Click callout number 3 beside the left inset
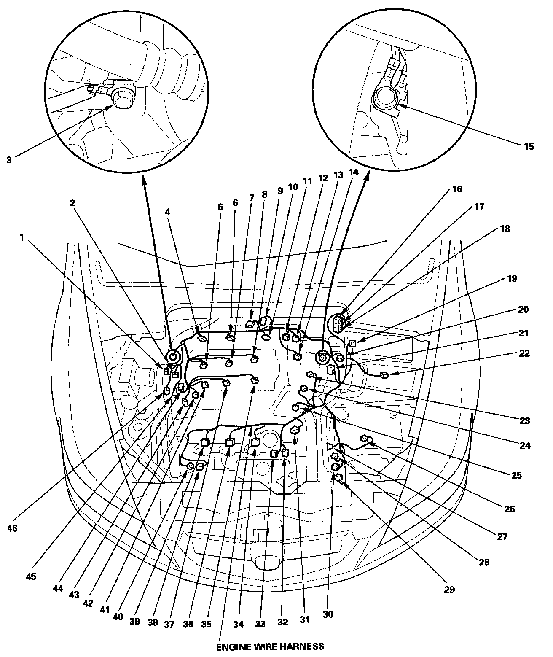point(9,160)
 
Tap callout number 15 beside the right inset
point(529,146)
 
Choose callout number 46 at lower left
point(13,528)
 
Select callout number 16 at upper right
point(457,188)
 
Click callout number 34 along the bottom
point(239,623)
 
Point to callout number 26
point(509,509)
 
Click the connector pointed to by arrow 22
point(384,375)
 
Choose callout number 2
point(72,203)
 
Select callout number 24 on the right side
point(525,445)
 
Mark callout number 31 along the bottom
point(304,619)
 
